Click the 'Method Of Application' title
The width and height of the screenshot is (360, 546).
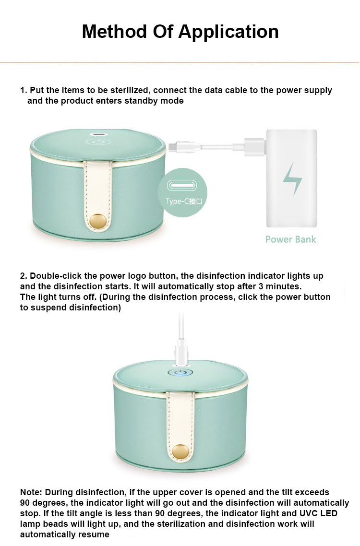[x=180, y=32]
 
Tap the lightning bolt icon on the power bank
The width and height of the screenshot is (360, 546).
[x=292, y=178]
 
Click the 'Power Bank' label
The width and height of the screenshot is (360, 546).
[x=290, y=239]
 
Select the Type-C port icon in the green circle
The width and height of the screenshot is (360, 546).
[x=182, y=185]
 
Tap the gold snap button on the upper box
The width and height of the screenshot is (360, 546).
[x=98, y=221]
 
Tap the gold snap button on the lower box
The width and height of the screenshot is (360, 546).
[x=180, y=451]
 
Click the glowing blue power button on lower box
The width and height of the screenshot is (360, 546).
[x=180, y=372]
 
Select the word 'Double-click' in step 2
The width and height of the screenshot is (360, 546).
[x=53, y=276]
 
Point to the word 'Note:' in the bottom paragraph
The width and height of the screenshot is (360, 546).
[x=31, y=492]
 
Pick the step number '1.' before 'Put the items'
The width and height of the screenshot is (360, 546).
[x=24, y=90]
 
